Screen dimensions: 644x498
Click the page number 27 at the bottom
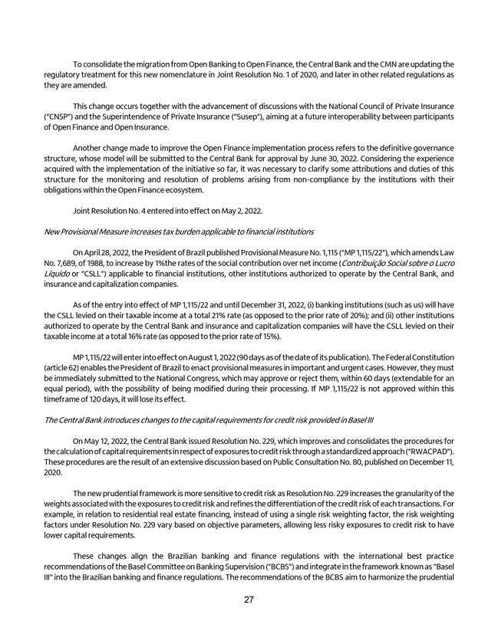249,600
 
